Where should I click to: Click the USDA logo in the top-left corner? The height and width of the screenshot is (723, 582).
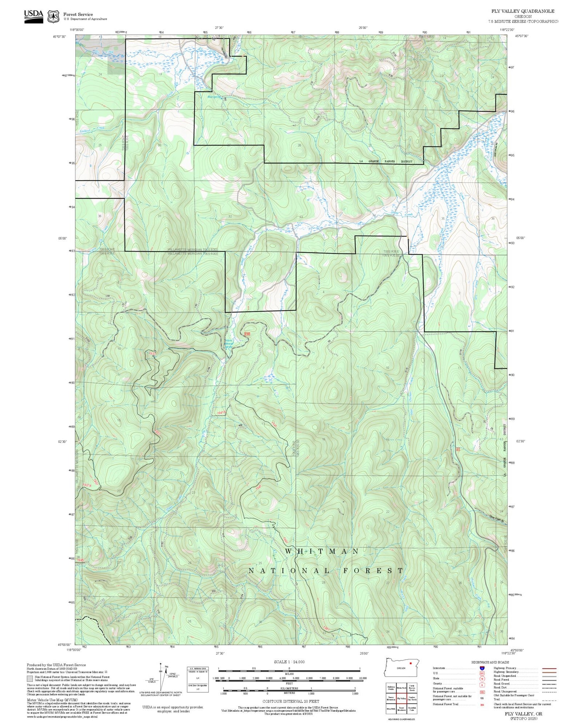pos(33,16)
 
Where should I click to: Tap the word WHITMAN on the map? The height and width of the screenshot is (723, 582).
pos(322,551)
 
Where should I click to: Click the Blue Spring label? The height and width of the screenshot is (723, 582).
pos(214,97)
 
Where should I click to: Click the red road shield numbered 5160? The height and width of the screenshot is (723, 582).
pos(247,334)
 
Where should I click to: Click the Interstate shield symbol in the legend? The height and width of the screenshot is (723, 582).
pos(482,668)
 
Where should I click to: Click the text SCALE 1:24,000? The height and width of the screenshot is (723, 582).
pos(289,662)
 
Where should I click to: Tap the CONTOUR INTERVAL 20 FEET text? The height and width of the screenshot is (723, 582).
pos(291,701)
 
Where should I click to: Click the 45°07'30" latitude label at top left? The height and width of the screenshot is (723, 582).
pos(59,36)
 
